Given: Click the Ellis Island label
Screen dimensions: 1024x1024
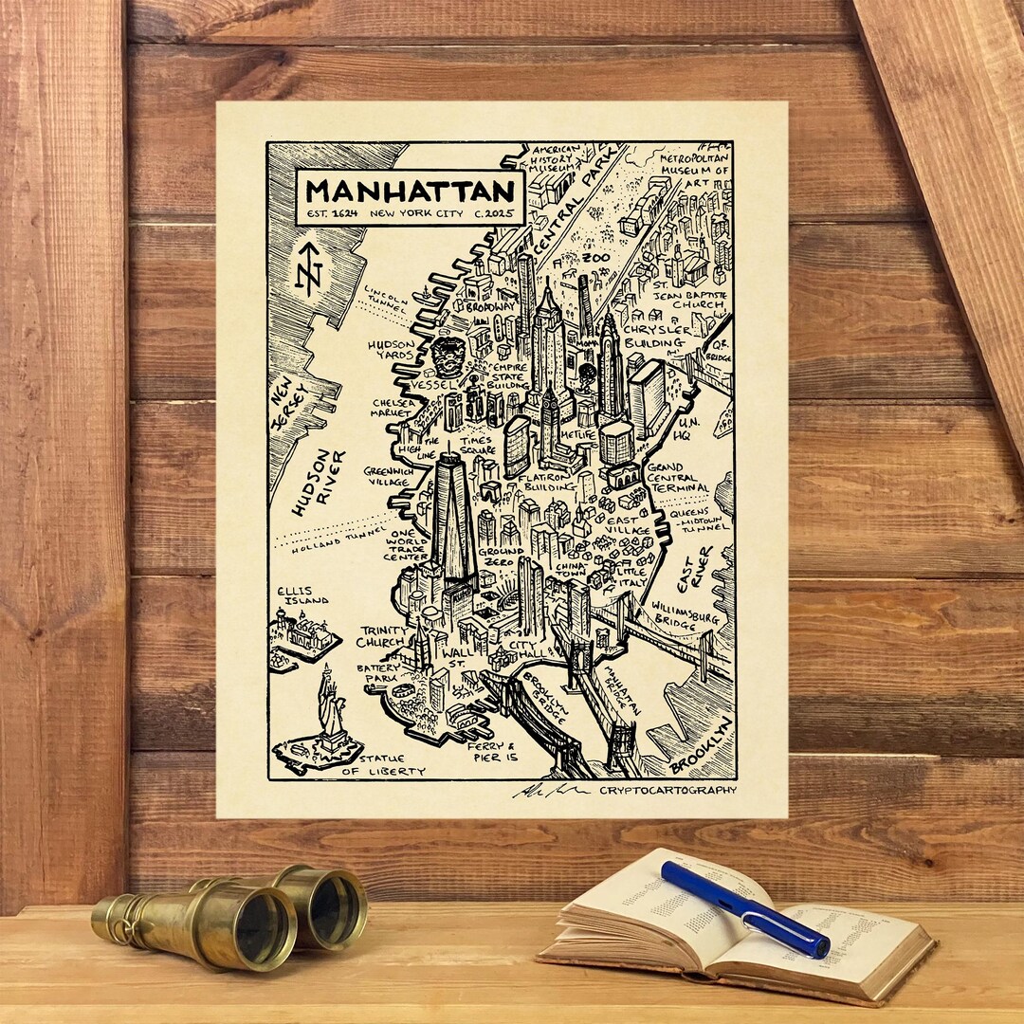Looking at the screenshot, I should point(302,594).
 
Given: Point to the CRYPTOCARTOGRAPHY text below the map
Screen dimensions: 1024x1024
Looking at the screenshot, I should point(667,790).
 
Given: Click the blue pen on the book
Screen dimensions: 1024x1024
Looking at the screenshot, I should point(743,907).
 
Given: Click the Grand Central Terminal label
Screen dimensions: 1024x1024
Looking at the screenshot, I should point(677,477).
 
